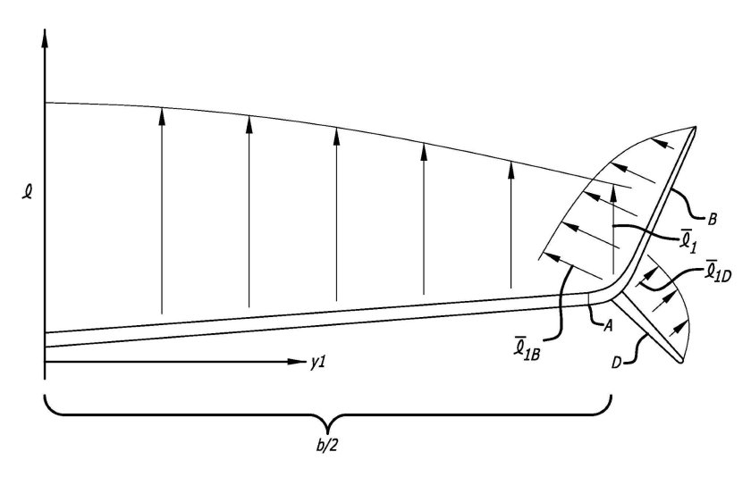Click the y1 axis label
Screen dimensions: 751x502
[x=317, y=363]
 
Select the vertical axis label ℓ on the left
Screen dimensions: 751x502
[x=28, y=192]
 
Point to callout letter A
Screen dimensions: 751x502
[x=607, y=325]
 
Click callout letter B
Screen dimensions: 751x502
[x=713, y=220]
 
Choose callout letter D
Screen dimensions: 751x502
[x=616, y=363]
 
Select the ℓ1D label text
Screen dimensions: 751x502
[x=716, y=271]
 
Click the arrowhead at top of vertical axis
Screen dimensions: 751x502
[x=45, y=38]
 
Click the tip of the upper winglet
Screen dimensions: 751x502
[x=695, y=128]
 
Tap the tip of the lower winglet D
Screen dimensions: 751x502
[x=681, y=360]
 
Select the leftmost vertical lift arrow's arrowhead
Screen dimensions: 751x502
[x=162, y=116]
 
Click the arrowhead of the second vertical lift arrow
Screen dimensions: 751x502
[x=249, y=124]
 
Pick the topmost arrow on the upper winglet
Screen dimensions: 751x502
[x=662, y=143]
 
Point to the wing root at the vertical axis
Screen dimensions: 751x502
[x=45, y=339]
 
